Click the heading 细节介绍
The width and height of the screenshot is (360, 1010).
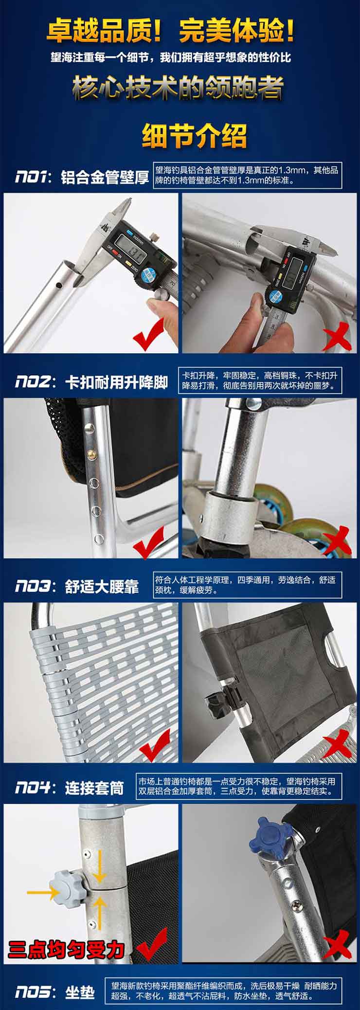click(x=194, y=135)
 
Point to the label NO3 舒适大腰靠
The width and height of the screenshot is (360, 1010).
click(x=77, y=586)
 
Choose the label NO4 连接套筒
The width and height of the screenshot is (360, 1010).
click(x=70, y=787)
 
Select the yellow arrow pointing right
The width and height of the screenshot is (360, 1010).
click(x=43, y=891)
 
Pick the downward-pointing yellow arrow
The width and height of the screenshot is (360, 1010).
click(x=99, y=866)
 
